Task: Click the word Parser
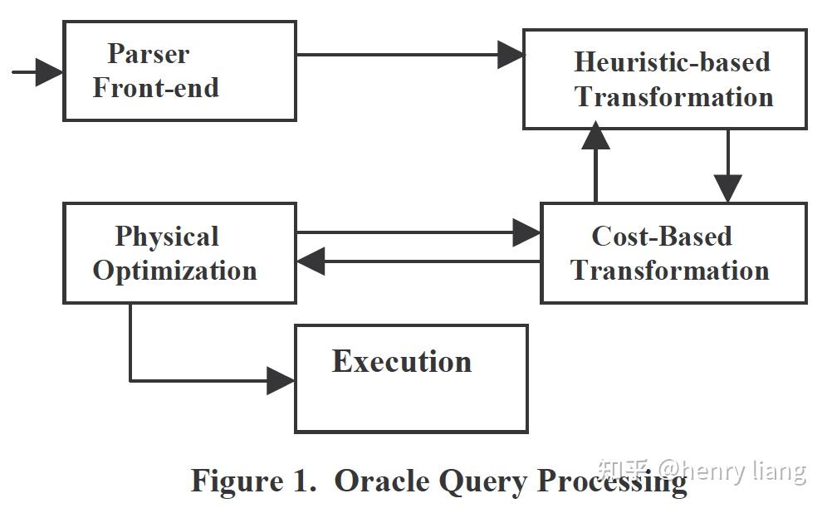click(149, 54)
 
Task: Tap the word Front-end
click(156, 87)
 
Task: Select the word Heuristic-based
click(673, 61)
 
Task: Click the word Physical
click(167, 237)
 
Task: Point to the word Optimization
click(175, 271)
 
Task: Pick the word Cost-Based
click(662, 236)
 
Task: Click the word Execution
click(402, 361)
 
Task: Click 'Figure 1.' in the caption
click(254, 481)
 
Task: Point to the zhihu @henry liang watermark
click(702, 471)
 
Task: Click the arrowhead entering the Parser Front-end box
click(49, 72)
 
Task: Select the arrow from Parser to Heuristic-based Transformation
click(410, 54)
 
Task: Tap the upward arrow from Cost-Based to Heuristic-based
click(595, 162)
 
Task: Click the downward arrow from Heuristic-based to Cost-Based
click(728, 166)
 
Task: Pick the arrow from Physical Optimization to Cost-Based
click(418, 232)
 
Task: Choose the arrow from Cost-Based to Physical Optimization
click(418, 261)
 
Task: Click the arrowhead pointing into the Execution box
click(281, 380)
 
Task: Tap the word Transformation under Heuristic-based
click(673, 97)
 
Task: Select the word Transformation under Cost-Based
click(670, 270)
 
